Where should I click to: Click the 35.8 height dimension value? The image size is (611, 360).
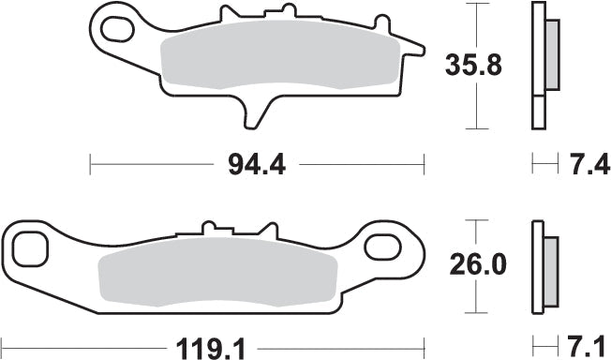tap(473, 65)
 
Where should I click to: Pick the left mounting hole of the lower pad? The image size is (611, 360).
tap(28, 248)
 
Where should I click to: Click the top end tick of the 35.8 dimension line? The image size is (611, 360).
tap(479, 4)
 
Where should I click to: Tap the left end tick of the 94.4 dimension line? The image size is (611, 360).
tap(90, 165)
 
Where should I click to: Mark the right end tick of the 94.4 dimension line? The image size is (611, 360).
tap(424, 165)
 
